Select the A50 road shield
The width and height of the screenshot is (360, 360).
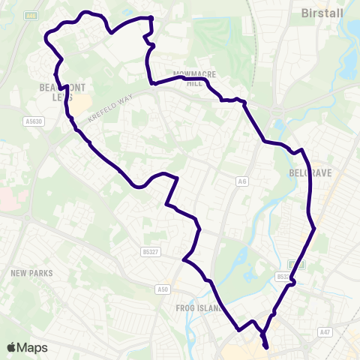click(x=164, y=288)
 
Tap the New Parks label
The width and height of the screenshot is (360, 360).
click(x=31, y=273)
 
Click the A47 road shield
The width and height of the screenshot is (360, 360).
click(x=325, y=331)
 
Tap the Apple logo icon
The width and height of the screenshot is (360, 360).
click(x=12, y=347)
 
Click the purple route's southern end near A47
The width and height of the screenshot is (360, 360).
click(x=266, y=346)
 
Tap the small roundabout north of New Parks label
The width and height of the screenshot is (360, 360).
click(x=27, y=219)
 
